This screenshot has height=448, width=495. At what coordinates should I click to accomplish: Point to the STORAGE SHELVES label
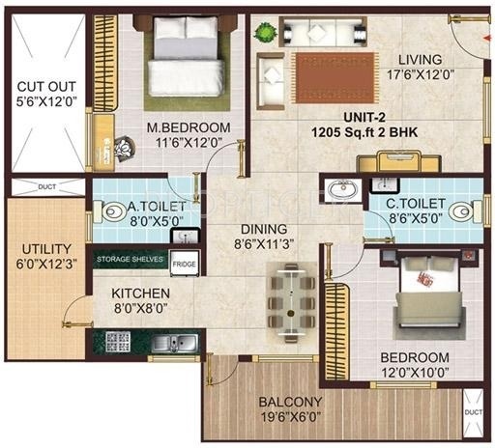click(131, 259)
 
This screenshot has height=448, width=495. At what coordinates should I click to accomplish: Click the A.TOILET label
click(145, 206)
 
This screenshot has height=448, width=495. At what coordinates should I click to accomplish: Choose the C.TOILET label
click(418, 205)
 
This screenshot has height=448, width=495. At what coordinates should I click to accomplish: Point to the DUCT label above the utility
click(47, 186)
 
